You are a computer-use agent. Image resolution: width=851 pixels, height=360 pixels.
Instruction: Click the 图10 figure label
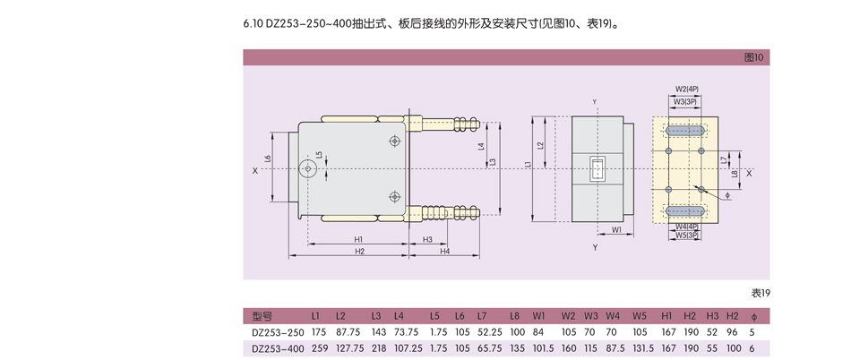(x=754, y=57)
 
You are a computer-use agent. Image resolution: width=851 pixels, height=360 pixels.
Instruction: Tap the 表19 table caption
(x=760, y=293)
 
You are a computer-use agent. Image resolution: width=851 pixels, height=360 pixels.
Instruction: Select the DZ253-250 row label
(x=278, y=332)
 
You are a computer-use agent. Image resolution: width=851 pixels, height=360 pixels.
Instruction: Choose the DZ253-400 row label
(x=278, y=349)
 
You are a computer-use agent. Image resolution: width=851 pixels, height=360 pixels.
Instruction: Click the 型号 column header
(x=262, y=316)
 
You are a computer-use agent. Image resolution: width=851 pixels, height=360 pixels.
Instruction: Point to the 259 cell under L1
(x=319, y=349)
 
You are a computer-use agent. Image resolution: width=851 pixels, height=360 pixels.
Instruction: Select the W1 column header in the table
(x=538, y=316)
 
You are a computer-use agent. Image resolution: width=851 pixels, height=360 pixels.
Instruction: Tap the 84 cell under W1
(x=537, y=332)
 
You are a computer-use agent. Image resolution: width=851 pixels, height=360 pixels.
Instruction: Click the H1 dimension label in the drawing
(x=358, y=240)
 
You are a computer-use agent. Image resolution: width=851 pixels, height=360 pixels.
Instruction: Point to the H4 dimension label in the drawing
(x=444, y=252)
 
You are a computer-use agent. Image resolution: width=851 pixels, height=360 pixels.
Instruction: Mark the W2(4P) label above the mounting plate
(x=687, y=90)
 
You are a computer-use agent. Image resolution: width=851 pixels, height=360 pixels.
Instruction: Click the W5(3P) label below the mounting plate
(x=687, y=236)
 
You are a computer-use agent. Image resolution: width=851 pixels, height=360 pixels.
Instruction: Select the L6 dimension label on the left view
(x=268, y=159)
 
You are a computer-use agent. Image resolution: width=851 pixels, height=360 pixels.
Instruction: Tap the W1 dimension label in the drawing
(x=616, y=230)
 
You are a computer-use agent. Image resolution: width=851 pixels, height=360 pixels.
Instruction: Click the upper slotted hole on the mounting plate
(x=686, y=131)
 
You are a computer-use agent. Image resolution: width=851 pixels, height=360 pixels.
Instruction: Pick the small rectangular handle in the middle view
(x=597, y=168)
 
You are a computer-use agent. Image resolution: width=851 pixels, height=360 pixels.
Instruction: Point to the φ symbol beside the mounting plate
(x=727, y=194)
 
